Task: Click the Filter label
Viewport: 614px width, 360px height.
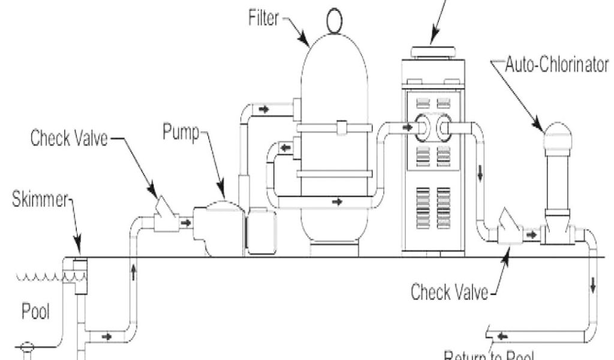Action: click(x=263, y=18)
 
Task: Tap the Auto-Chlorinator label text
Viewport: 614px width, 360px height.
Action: click(x=557, y=65)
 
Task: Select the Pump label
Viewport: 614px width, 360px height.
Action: click(x=180, y=133)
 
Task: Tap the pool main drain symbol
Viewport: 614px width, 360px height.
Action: click(x=26, y=347)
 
